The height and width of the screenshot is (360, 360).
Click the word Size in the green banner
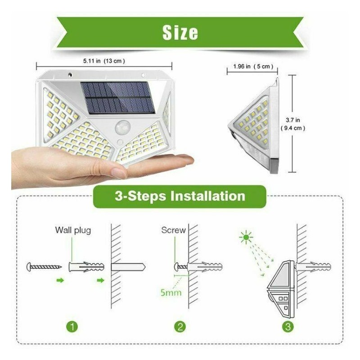click(180, 32)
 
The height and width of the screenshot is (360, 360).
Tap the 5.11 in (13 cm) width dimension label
click(104, 61)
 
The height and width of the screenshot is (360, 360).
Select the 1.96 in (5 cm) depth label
click(253, 67)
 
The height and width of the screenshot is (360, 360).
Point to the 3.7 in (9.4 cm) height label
click(293, 124)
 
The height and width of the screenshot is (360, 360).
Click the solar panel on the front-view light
click(117, 98)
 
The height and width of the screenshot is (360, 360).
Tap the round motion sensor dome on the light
click(123, 127)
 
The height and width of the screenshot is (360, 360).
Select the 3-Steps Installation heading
click(180, 196)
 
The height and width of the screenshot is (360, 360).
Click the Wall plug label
click(73, 230)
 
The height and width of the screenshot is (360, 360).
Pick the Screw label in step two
click(173, 230)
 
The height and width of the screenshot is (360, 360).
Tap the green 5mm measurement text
click(171, 292)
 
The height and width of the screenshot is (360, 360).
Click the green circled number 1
click(72, 327)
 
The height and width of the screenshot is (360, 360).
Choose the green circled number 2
click(180, 327)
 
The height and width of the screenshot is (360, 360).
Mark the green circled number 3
click(288, 327)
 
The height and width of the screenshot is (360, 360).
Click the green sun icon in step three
click(246, 237)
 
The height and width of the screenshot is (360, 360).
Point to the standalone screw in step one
click(44, 267)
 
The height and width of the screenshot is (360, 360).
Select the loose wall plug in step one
click(86, 267)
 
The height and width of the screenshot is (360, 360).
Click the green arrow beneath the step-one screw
click(60, 280)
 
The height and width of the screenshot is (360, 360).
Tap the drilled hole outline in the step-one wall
click(128, 267)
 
